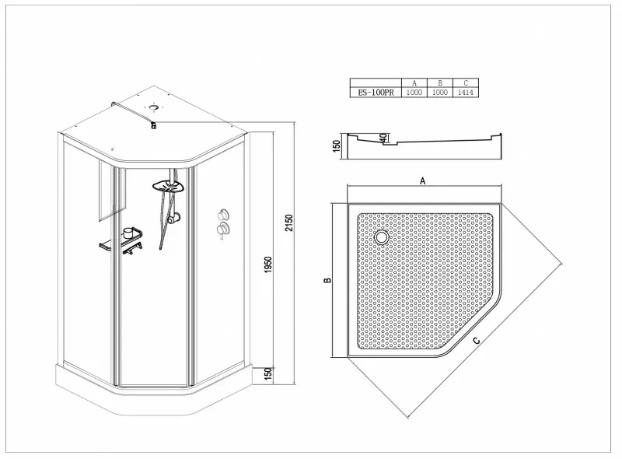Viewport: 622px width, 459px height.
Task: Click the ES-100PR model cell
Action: [376, 93]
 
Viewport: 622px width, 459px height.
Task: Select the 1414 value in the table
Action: [466, 93]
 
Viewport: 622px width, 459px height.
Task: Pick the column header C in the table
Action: [466, 83]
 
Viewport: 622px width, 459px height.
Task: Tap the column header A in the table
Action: [414, 83]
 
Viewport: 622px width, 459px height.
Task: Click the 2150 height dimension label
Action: [288, 223]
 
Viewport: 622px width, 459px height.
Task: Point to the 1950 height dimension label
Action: [268, 265]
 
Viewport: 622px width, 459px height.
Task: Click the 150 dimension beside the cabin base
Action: [268, 374]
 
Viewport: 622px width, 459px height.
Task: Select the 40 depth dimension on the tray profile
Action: [383, 138]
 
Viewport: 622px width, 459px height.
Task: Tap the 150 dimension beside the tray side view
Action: [337, 146]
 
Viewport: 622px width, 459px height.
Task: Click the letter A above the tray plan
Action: [423, 181]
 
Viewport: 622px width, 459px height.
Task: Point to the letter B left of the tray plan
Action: [327, 280]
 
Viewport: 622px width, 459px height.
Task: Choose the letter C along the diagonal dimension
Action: [477, 341]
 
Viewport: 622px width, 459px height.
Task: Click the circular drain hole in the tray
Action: [382, 237]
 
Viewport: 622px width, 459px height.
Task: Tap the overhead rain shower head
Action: [169, 186]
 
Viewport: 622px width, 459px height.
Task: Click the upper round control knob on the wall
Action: [222, 215]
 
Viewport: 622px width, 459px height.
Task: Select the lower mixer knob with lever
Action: [222, 229]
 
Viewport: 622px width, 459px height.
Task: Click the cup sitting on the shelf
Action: [128, 233]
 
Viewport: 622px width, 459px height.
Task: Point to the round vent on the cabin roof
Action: [153, 107]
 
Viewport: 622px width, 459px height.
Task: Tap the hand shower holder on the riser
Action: [173, 218]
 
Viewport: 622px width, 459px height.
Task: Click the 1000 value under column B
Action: [440, 93]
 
